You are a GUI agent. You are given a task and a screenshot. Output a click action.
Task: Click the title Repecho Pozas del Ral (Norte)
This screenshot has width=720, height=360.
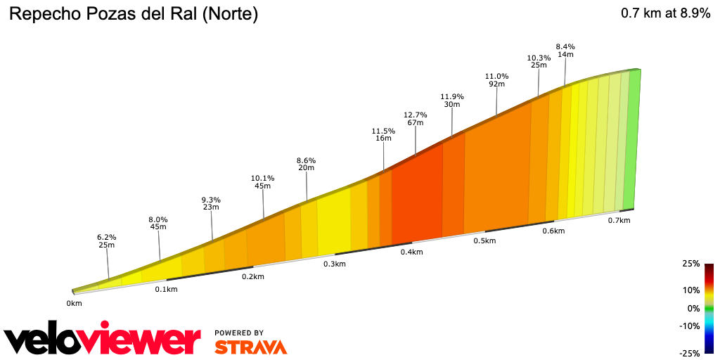click(x=133, y=14)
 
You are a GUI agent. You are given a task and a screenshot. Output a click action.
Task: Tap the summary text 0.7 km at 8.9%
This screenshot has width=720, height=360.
click(x=665, y=13)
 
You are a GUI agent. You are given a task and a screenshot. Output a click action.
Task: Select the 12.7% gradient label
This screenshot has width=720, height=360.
click(x=415, y=115)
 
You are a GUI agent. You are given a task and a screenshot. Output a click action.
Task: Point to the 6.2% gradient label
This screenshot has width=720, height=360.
click(x=106, y=237)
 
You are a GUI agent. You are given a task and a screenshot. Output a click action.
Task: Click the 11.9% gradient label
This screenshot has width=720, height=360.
click(x=451, y=96)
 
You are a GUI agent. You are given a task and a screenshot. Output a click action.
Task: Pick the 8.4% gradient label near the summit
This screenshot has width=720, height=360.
click(x=565, y=46)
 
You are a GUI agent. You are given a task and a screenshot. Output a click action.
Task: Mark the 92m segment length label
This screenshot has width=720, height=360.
click(x=496, y=84)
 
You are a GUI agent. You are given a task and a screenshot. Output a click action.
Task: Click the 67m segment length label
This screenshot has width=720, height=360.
click(x=415, y=123)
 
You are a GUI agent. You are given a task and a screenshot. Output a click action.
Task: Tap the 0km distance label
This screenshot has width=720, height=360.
click(x=75, y=303)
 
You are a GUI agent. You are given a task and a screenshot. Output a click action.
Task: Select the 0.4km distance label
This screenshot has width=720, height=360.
click(x=411, y=252)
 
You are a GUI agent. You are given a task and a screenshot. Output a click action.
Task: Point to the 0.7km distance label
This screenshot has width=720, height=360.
click(x=619, y=220)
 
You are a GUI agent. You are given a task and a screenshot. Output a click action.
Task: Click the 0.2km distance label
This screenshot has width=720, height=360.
click(x=252, y=276)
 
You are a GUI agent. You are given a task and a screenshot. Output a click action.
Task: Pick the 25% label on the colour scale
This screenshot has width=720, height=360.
click(x=690, y=264)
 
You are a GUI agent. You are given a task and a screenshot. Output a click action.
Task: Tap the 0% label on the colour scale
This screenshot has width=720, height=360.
click(x=693, y=308)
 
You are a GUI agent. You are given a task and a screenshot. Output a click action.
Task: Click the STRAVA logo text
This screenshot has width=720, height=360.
click(x=250, y=347)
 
